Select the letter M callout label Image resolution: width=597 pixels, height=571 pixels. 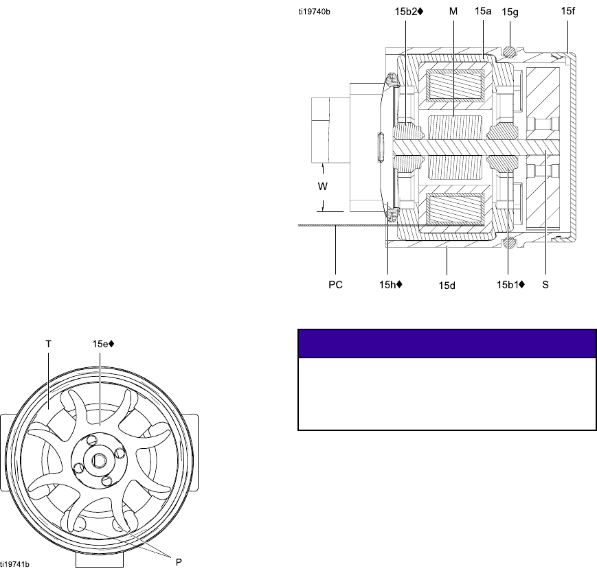tap(453, 12)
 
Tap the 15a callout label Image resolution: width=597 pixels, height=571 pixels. tap(483, 12)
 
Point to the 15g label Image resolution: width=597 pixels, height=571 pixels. tap(510, 12)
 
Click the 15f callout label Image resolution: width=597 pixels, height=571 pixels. tap(567, 11)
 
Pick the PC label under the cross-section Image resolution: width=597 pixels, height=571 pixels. tap(335, 285)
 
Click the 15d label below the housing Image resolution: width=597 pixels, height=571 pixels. tap(447, 285)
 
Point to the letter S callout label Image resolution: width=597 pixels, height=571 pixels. tap(545, 285)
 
